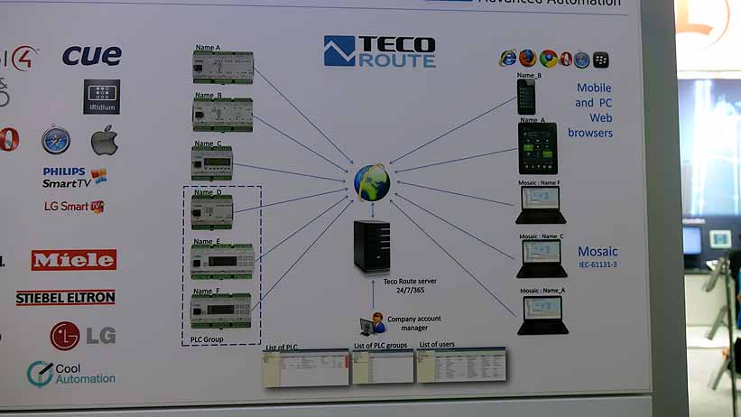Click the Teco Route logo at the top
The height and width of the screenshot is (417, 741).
379,51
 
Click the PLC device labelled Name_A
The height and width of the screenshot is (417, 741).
223,67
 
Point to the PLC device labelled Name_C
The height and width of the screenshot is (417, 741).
212,163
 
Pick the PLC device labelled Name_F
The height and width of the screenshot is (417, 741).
221,310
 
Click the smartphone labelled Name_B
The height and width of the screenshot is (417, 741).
526,97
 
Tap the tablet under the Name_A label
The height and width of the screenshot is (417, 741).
536,149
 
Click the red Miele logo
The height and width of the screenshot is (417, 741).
74,260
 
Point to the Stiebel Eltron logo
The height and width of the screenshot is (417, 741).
66,297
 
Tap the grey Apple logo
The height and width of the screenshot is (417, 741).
105,141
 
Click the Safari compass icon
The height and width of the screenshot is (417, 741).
55,141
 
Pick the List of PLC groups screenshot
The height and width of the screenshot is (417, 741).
383,366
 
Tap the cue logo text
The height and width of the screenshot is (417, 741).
91,56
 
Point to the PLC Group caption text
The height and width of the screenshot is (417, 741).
208,339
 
